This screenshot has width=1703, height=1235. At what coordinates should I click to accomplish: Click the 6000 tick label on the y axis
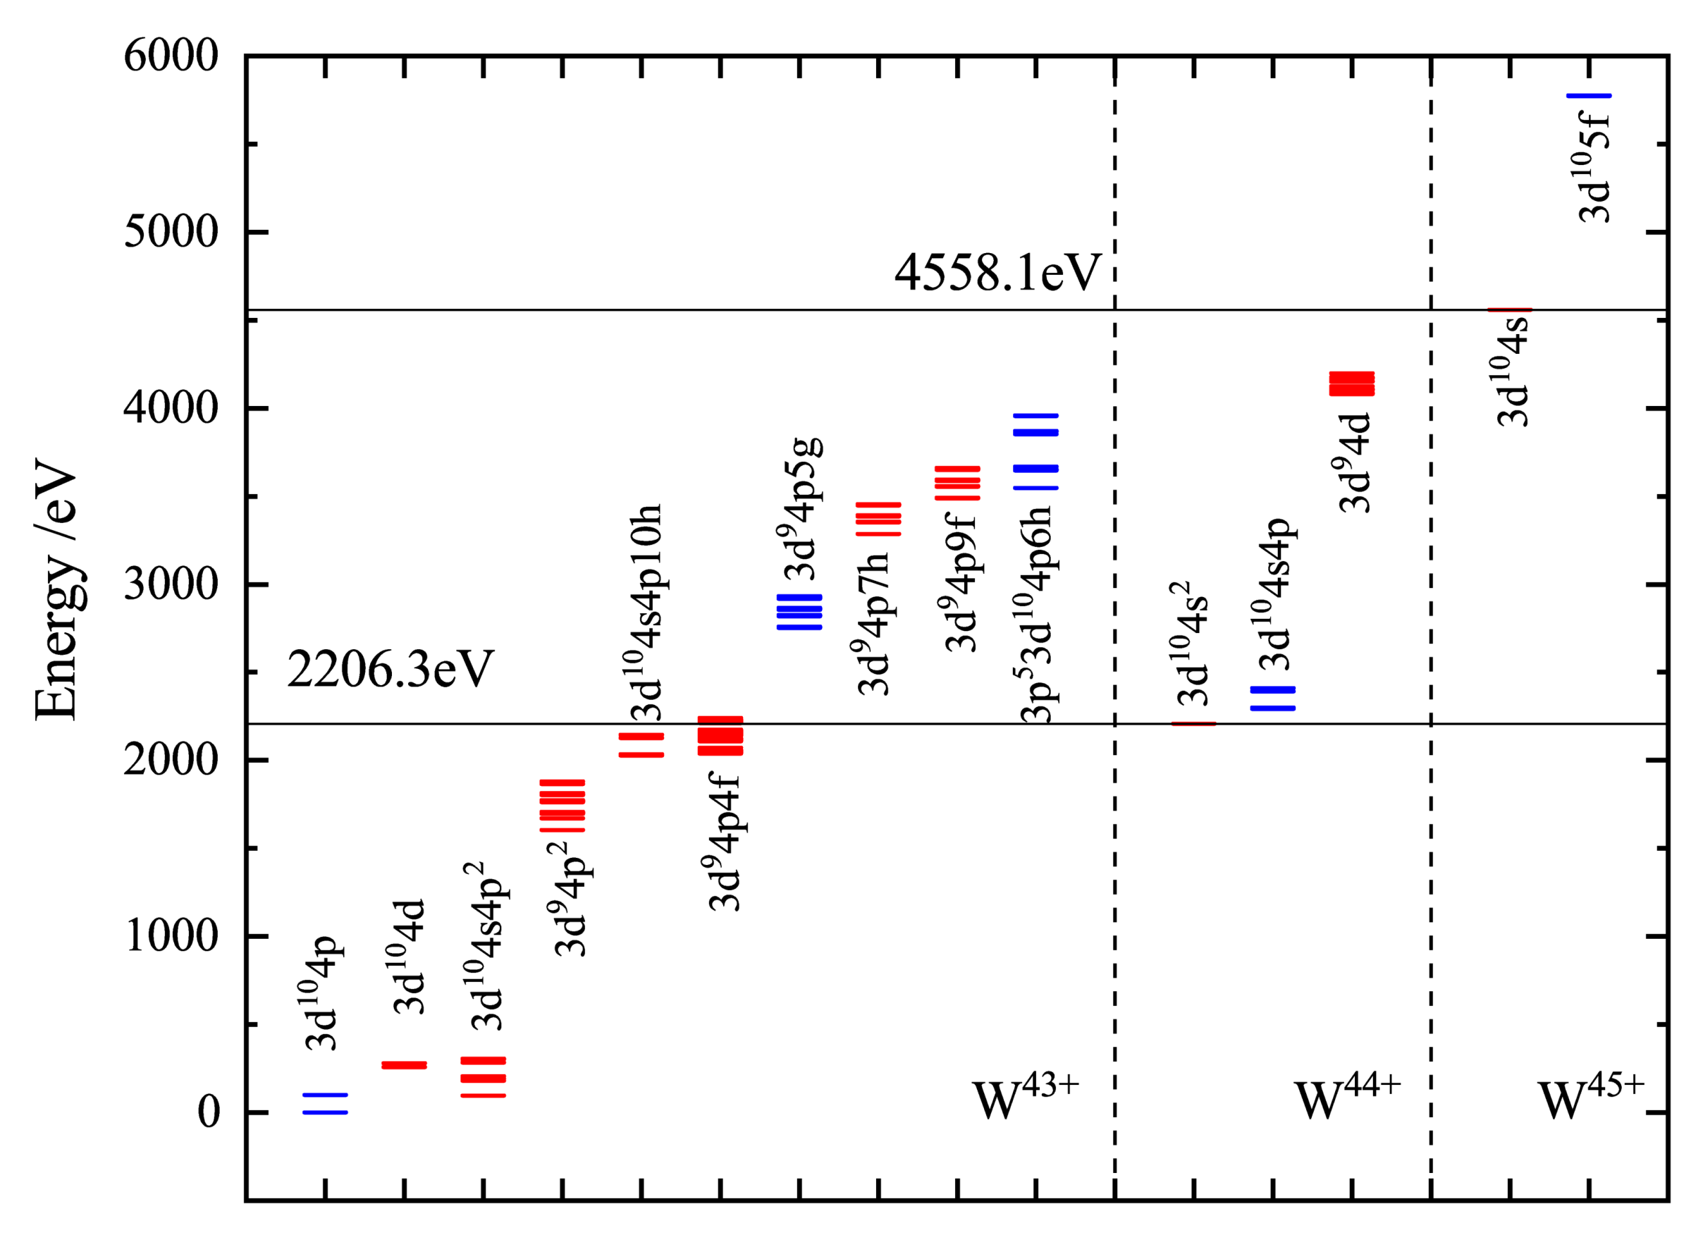[171, 56]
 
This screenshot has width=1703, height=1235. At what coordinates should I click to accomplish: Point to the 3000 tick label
[171, 584]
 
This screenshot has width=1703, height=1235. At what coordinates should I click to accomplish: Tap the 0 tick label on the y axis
[208, 1112]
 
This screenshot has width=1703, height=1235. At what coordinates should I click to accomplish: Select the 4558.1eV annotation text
[997, 273]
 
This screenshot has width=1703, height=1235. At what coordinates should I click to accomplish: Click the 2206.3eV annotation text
[390, 670]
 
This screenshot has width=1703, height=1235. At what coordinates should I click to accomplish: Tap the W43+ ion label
[1025, 1099]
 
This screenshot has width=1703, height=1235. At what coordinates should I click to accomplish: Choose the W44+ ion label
[1347, 1099]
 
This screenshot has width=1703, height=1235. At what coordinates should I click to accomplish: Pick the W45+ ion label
[1590, 1099]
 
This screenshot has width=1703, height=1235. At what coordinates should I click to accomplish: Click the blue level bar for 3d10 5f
[1589, 96]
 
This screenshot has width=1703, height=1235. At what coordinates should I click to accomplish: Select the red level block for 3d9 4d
[1351, 383]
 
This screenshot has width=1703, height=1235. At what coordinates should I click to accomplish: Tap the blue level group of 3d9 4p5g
[799, 612]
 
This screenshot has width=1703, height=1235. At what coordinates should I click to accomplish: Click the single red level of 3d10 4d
[404, 1064]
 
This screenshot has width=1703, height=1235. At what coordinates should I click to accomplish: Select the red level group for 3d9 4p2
[562, 806]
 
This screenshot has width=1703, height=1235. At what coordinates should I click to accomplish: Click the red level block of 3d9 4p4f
[720, 736]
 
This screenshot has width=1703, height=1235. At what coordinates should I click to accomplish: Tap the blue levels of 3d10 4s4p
[1272, 698]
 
